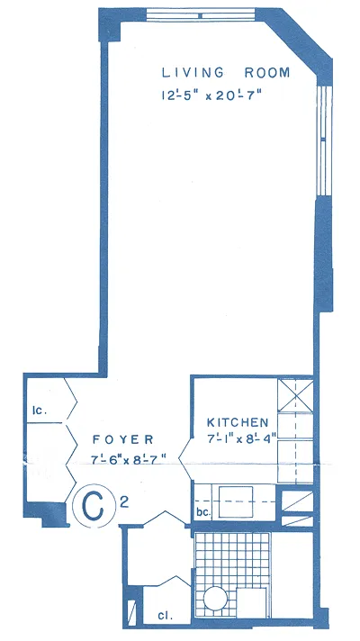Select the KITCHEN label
(238, 422)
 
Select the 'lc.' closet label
(40, 411)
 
